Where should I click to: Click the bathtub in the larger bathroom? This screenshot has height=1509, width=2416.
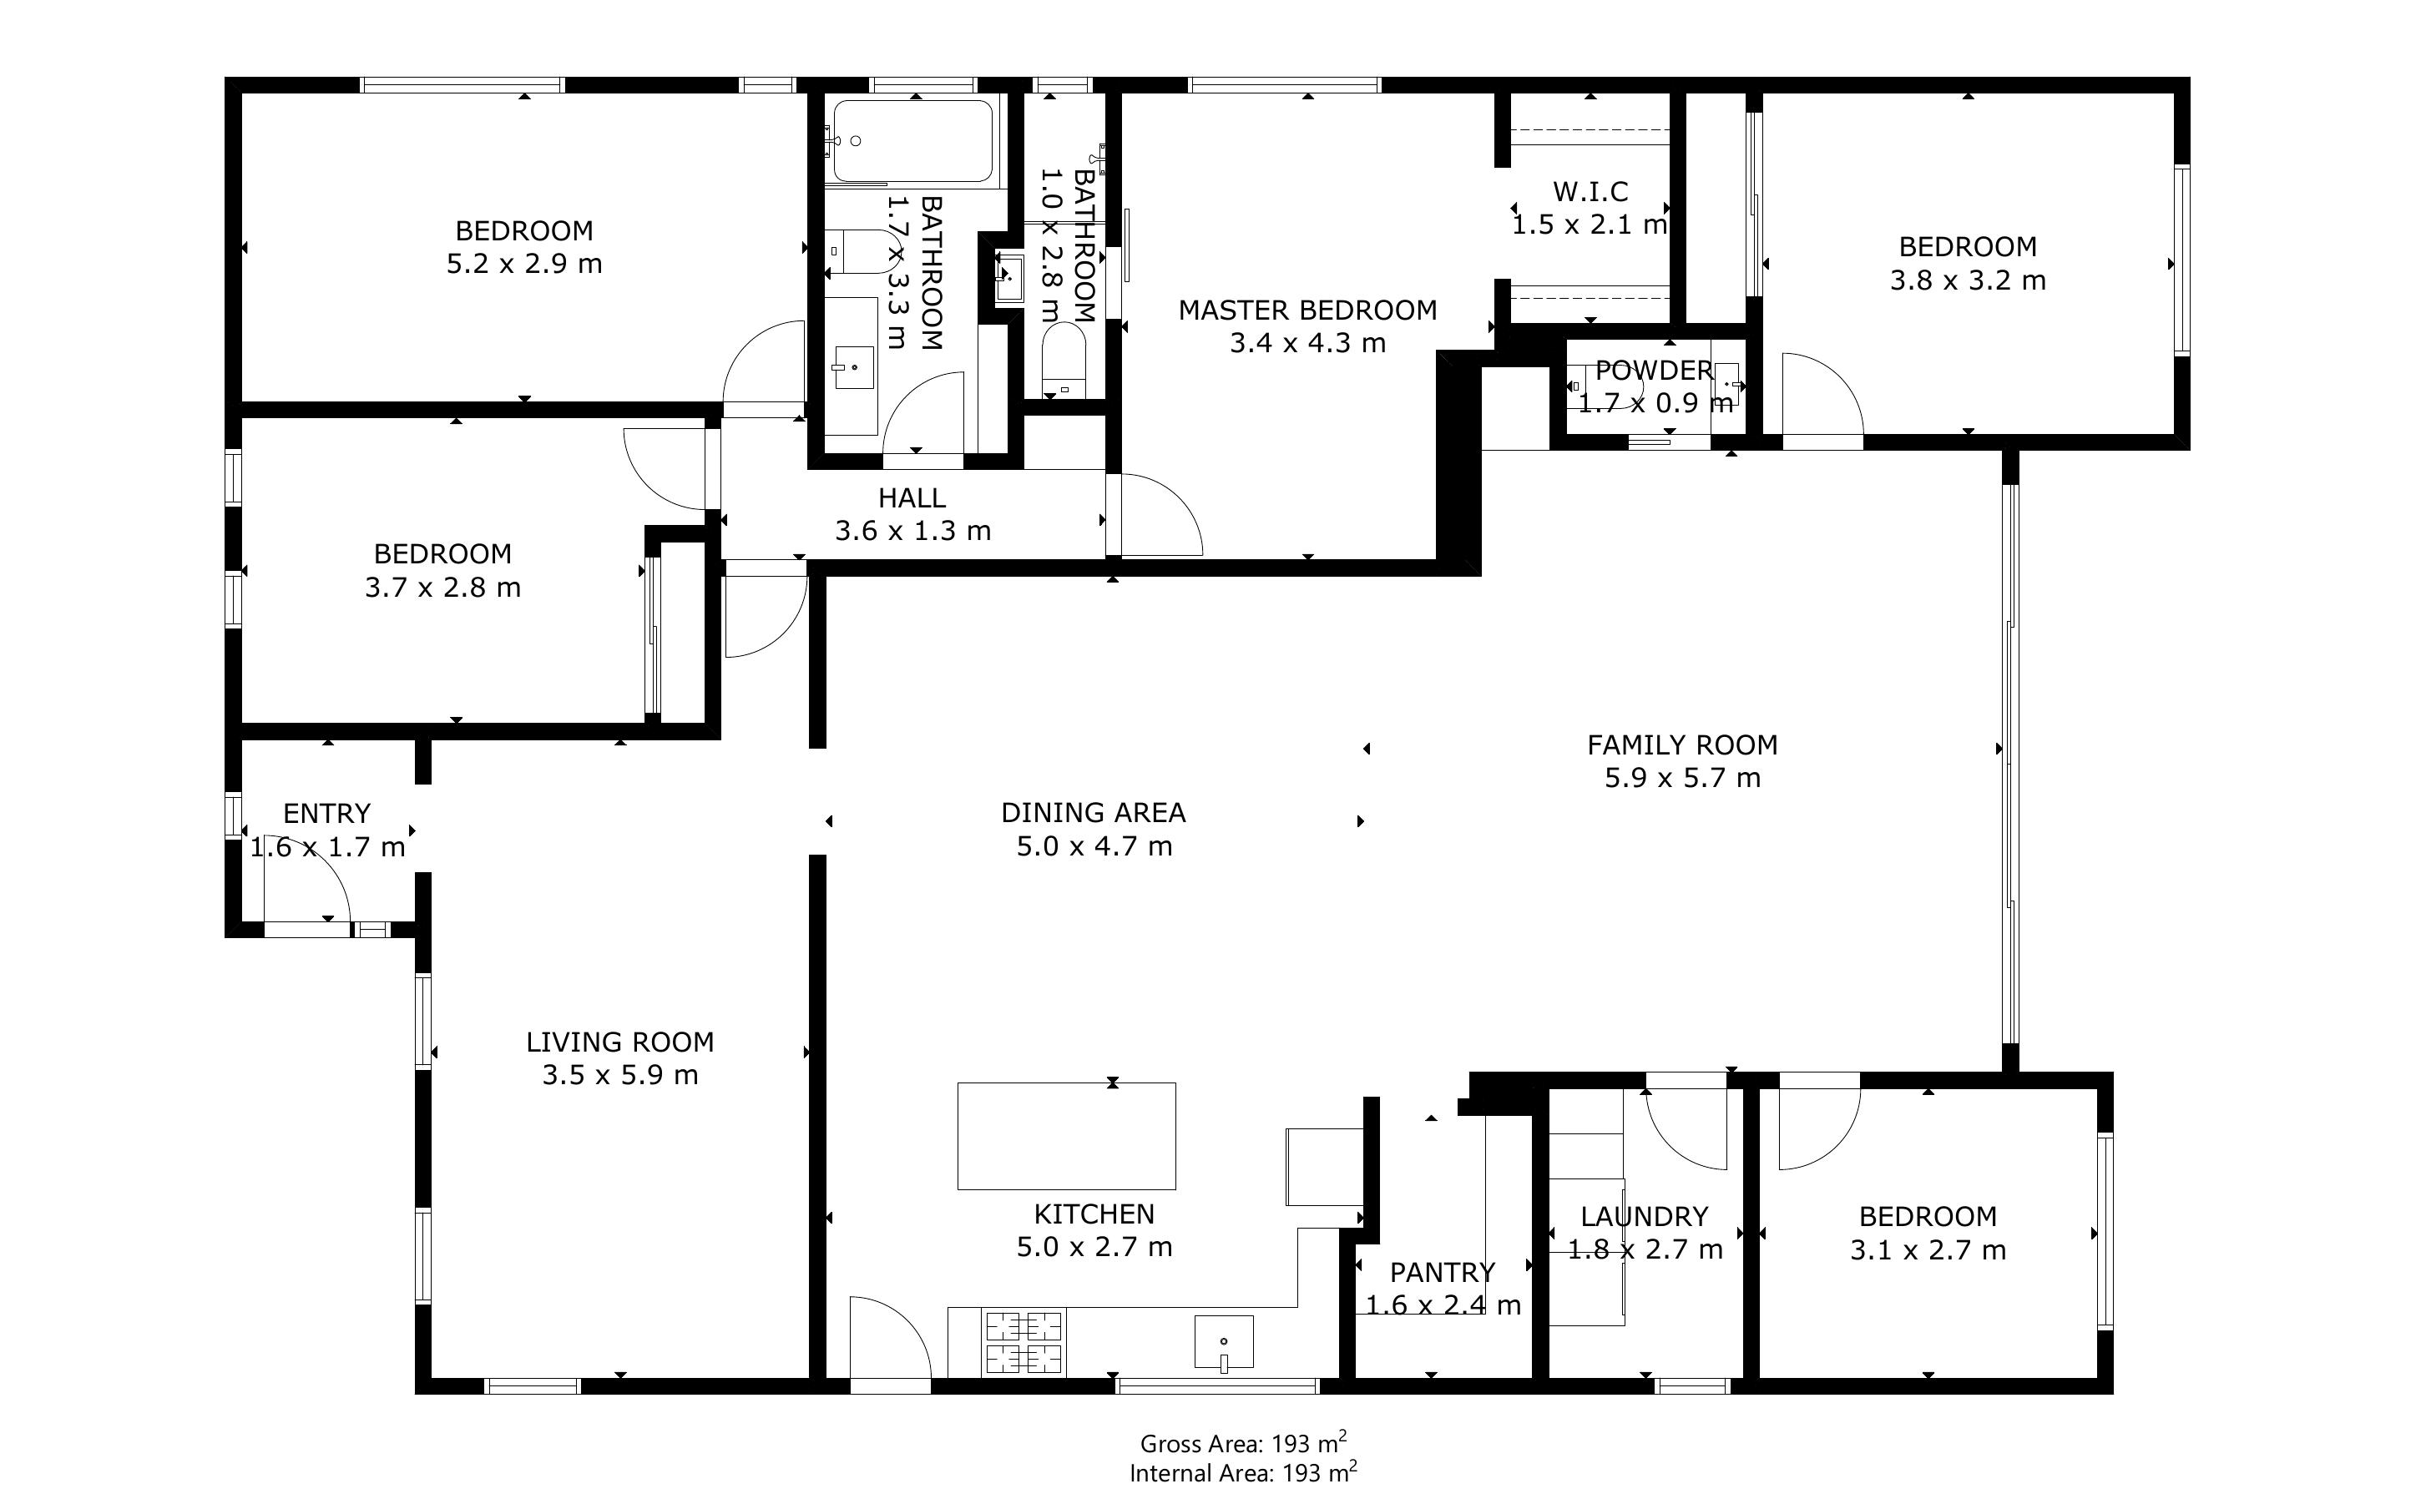click(x=912, y=141)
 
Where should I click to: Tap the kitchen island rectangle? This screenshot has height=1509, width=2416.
click(x=1066, y=1136)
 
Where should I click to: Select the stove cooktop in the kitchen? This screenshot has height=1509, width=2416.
click(x=1024, y=1341)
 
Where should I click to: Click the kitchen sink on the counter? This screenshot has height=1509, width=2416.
click(x=1224, y=1341)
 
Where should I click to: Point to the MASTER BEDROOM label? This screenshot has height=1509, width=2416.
click(x=1307, y=310)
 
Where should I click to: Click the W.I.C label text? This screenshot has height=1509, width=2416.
click(x=1590, y=192)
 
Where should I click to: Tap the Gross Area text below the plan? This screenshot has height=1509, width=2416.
click(x=1242, y=1443)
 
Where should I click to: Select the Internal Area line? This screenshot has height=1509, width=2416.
click(x=1242, y=1473)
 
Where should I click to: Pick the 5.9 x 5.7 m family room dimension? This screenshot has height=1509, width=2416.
click(x=1682, y=779)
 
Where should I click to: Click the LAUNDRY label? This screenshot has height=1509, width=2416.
click(x=1644, y=1217)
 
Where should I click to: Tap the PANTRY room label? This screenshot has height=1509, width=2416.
click(x=1442, y=1273)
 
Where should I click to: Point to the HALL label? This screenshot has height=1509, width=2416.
click(x=912, y=498)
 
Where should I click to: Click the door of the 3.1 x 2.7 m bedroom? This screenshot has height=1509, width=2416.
click(x=1818, y=1128)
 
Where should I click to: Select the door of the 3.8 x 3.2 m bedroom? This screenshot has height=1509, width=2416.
click(x=1822, y=394)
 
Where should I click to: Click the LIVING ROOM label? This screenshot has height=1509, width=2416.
click(x=619, y=1042)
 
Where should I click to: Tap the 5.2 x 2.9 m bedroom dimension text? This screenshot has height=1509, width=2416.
click(x=524, y=265)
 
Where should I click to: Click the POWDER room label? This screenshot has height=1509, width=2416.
click(x=1654, y=371)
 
